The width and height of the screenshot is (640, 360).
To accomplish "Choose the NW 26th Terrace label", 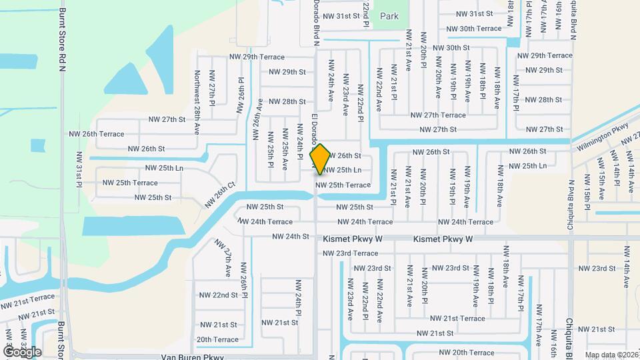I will (x=97, y=133).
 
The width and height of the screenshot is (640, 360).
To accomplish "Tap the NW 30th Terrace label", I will (x=474, y=29).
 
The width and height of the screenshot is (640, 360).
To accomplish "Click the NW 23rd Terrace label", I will (x=351, y=253).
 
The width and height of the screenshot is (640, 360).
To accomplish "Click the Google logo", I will (x=22, y=352).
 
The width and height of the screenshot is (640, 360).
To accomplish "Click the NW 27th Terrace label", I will (x=438, y=115).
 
